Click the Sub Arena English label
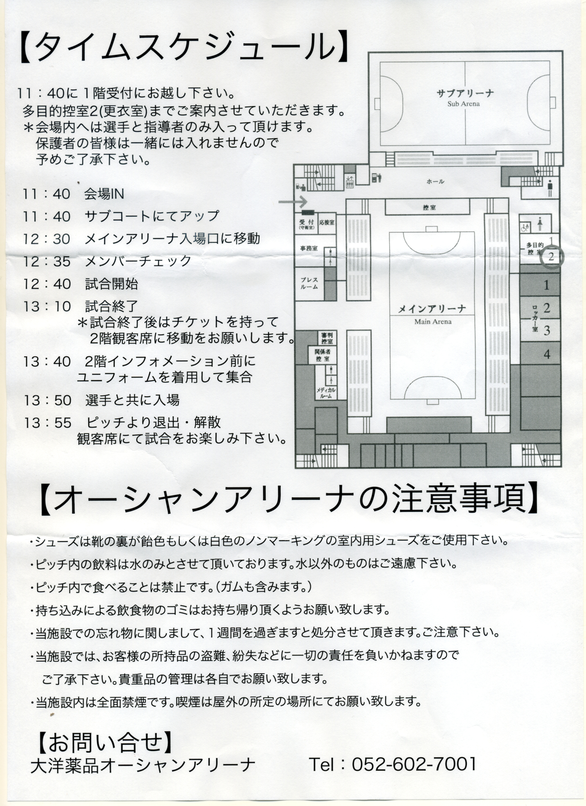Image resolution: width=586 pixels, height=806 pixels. click(463, 104)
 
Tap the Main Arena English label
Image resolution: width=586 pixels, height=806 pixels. click(433, 322)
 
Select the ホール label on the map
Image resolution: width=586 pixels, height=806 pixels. click(435, 182)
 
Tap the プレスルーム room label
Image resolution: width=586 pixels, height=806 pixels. click(309, 283)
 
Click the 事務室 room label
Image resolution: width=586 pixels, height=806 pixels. click(309, 248)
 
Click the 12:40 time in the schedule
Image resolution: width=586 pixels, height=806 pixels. click(47, 284)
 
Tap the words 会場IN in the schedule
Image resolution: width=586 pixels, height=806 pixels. click(104, 194)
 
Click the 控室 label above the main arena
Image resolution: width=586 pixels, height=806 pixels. click(430, 207)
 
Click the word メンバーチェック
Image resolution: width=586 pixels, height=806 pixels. click(138, 261)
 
